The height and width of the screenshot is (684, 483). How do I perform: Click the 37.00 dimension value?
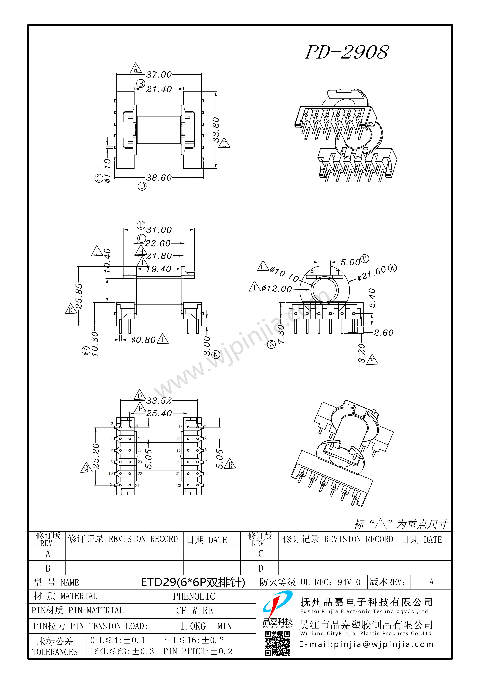click(159, 74)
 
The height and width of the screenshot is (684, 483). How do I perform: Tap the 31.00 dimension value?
click(159, 230)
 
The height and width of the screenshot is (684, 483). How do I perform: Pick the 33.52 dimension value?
click(159, 401)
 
